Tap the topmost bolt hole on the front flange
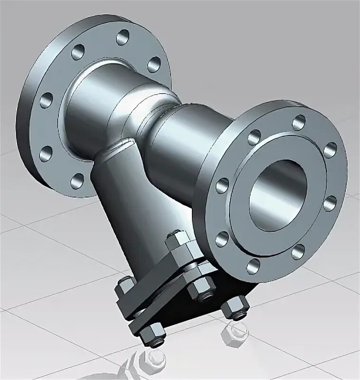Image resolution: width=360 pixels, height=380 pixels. click(298, 123)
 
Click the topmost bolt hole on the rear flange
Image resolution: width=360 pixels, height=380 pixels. click(123, 37)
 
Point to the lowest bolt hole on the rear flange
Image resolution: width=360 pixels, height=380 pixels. click(77, 180)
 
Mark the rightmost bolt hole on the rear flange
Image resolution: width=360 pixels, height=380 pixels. click(154, 64)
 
